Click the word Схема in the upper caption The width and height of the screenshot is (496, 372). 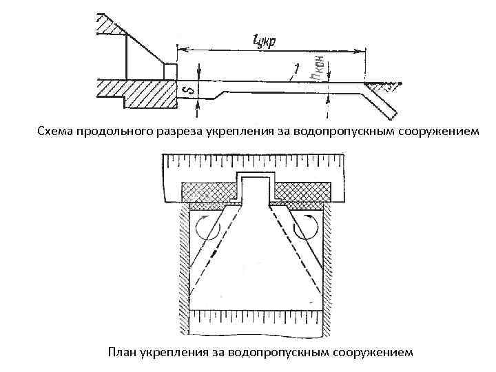[x=56, y=132]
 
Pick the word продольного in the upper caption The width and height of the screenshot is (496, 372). [x=118, y=132]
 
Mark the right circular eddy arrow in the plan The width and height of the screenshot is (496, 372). [x=305, y=227]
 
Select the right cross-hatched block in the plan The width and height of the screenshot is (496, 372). [x=306, y=189]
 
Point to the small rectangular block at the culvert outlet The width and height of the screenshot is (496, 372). [x=169, y=71]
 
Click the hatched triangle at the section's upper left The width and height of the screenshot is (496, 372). [x=108, y=24]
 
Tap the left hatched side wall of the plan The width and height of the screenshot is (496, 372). [x=185, y=262]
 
